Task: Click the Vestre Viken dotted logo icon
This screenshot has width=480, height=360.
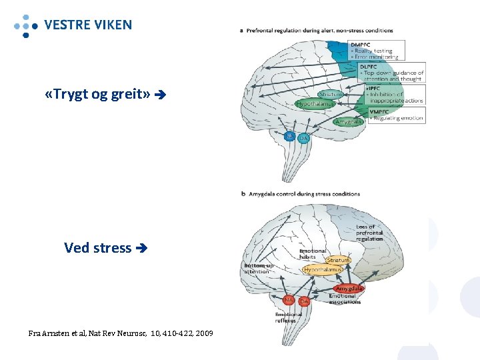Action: coord(25,25)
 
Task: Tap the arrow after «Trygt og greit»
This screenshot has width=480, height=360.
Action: coord(159,95)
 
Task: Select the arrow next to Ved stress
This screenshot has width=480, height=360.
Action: coord(140,249)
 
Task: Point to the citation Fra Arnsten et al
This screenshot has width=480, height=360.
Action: coord(121,332)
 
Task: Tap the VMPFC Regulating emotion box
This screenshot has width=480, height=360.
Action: coord(393,115)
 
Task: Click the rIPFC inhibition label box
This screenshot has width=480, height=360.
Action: coord(393,94)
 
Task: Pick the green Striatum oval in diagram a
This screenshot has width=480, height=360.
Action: coord(329,95)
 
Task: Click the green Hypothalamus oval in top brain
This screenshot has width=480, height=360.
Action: coord(315,104)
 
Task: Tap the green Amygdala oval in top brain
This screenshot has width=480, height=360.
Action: coord(348,122)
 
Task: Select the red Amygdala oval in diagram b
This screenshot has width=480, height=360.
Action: coord(349,289)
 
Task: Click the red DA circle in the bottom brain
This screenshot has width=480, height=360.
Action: coord(304,301)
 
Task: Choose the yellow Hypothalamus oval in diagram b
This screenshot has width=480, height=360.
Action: coord(323,270)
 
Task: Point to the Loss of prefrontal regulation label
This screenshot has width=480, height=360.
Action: coord(369,233)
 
